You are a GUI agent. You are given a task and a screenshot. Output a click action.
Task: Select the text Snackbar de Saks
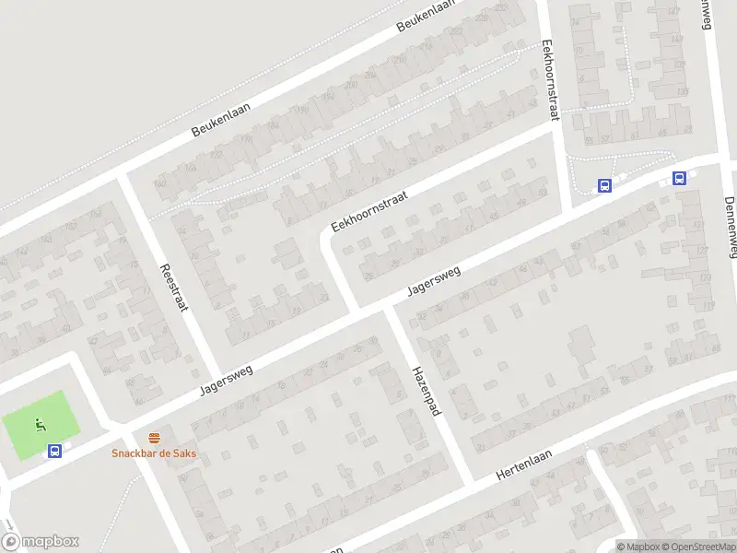154,453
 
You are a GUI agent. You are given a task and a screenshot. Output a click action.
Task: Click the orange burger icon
154,437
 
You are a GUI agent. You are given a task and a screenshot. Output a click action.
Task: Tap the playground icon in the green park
40,425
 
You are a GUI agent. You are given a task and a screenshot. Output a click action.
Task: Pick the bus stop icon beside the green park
55,451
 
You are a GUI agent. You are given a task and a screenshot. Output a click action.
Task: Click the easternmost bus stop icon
679,179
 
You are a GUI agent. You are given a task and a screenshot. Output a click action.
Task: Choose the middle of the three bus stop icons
604,185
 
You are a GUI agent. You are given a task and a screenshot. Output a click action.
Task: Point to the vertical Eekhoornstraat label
551,80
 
